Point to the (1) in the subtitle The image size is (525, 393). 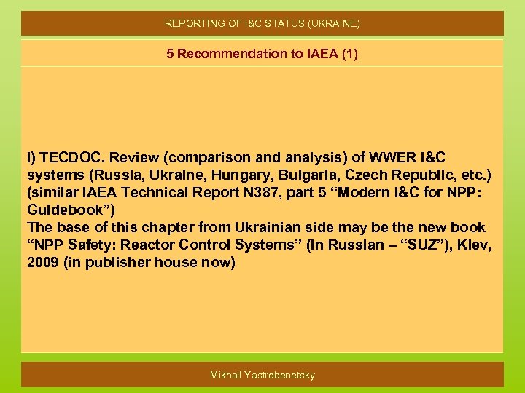click(x=349, y=54)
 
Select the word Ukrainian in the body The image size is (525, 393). click(x=265, y=228)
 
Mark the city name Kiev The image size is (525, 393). click(x=477, y=245)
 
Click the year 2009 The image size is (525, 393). click(x=43, y=263)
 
